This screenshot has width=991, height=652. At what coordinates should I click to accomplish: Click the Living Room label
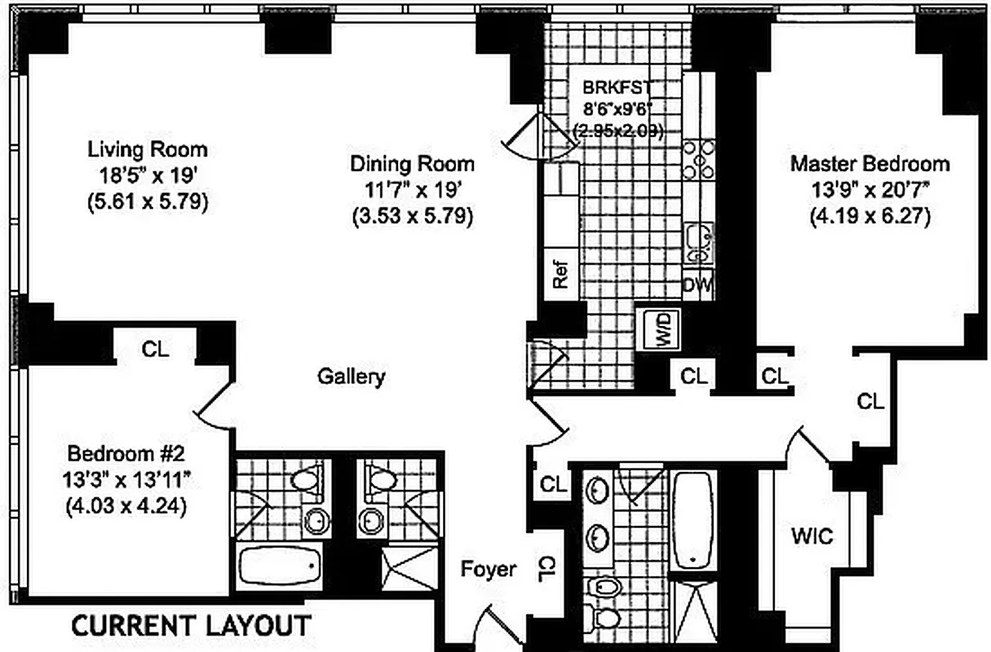[x=148, y=150]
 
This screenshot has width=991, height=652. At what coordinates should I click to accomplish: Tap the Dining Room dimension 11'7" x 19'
[x=412, y=190]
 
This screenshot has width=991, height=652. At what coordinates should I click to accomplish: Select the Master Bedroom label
[x=869, y=164]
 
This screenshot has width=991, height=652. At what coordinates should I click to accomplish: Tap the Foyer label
[x=488, y=568]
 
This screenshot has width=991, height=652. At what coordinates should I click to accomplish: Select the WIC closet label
[x=812, y=537]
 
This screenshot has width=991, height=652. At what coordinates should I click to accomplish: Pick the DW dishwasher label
[x=697, y=286]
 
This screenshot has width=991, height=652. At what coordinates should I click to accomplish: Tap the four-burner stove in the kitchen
[x=699, y=160]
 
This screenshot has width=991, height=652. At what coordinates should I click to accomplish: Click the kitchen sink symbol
[x=698, y=241]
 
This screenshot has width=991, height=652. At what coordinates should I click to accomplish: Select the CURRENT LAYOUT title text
[x=192, y=626]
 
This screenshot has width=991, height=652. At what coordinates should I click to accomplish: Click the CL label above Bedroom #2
[x=155, y=350]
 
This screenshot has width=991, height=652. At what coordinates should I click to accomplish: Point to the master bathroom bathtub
[x=693, y=519]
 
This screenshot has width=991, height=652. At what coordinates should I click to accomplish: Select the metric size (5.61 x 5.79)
[x=148, y=201]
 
